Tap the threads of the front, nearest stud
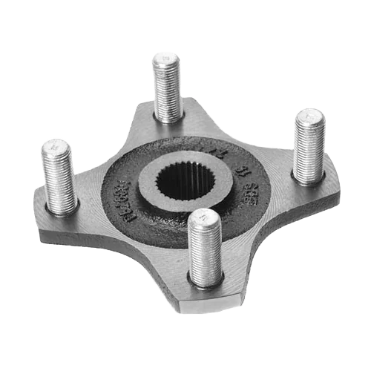pyautogui.click(x=205, y=245)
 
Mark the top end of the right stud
pyautogui.click(x=309, y=116)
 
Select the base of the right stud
pyautogui.click(x=307, y=178)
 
